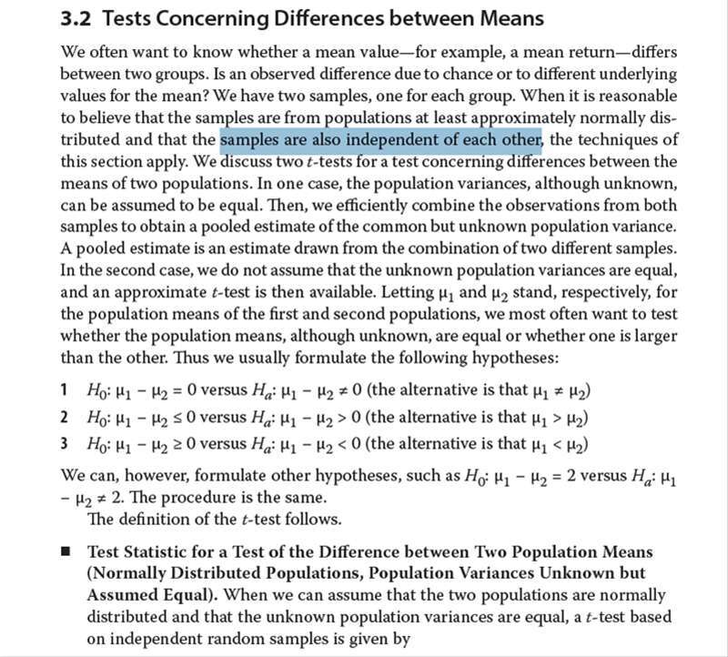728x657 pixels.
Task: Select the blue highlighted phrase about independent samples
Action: [x=381, y=140]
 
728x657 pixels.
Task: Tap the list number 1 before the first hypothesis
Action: [x=65, y=391]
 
